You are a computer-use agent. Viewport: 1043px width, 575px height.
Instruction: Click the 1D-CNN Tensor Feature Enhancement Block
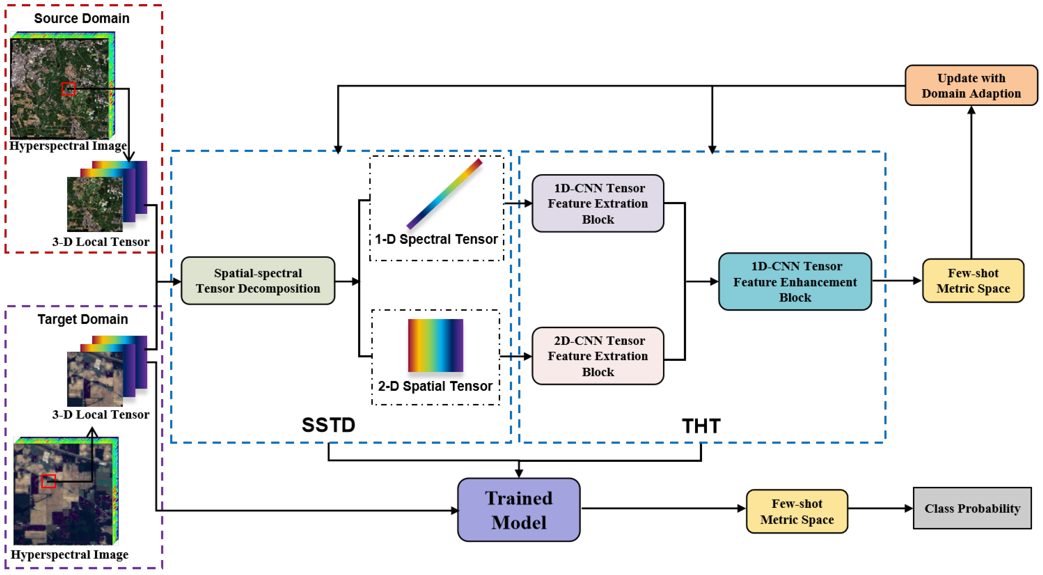coord(795,281)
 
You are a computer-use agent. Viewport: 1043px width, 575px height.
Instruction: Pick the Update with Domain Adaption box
coord(971,85)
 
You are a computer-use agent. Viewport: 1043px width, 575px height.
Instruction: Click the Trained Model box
coord(519,510)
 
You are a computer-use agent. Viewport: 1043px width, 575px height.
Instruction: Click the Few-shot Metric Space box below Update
coord(973,280)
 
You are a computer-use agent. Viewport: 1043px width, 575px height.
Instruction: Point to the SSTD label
coord(328,425)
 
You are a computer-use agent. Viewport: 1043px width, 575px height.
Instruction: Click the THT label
coord(701,426)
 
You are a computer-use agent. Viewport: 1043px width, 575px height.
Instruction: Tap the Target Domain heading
coord(83,319)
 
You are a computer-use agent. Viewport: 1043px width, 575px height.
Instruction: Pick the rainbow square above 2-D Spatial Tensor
coord(435,346)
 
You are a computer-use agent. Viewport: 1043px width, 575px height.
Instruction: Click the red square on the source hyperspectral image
coord(69,89)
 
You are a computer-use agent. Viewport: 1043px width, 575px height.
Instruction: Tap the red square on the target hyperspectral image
coord(48,481)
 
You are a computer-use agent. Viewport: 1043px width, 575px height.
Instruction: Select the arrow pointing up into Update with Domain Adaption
coord(971,182)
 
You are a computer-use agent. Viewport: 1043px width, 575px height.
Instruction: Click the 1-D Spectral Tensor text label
coord(436,239)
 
